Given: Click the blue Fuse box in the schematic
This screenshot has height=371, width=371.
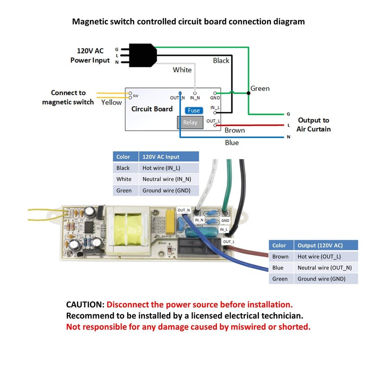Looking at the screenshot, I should click(193, 110).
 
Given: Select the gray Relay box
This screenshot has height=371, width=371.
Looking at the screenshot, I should click(190, 122).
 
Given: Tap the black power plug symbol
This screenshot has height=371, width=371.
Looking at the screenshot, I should click(141, 55).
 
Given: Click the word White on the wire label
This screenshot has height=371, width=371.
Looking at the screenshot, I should click(182, 70).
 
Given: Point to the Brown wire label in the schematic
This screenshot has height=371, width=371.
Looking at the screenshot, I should click(235, 131).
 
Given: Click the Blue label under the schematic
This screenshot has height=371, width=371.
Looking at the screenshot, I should click(232, 142).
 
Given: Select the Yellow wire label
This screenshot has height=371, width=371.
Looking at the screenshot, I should click(111, 102).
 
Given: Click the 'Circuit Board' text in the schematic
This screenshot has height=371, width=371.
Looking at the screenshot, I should click(152, 109).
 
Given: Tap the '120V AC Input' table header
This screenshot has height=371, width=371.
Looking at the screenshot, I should click(161, 157).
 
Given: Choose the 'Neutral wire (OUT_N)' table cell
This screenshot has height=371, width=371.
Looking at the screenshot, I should click(325, 268).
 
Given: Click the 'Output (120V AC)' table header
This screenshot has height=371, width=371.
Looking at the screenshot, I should click(320, 245).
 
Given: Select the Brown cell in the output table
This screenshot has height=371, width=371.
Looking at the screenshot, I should click(281, 256).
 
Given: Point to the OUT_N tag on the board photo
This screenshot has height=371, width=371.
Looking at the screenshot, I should click(184, 211).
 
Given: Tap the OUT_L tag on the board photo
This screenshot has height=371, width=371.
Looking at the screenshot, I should click(229, 242).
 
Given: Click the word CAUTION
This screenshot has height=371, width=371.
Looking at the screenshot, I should click(85, 305).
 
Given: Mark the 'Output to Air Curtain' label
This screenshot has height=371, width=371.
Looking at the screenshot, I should click(314, 125).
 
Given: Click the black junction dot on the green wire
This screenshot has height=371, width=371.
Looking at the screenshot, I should click(249, 93).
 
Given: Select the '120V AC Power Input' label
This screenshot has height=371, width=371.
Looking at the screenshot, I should click(90, 55).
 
